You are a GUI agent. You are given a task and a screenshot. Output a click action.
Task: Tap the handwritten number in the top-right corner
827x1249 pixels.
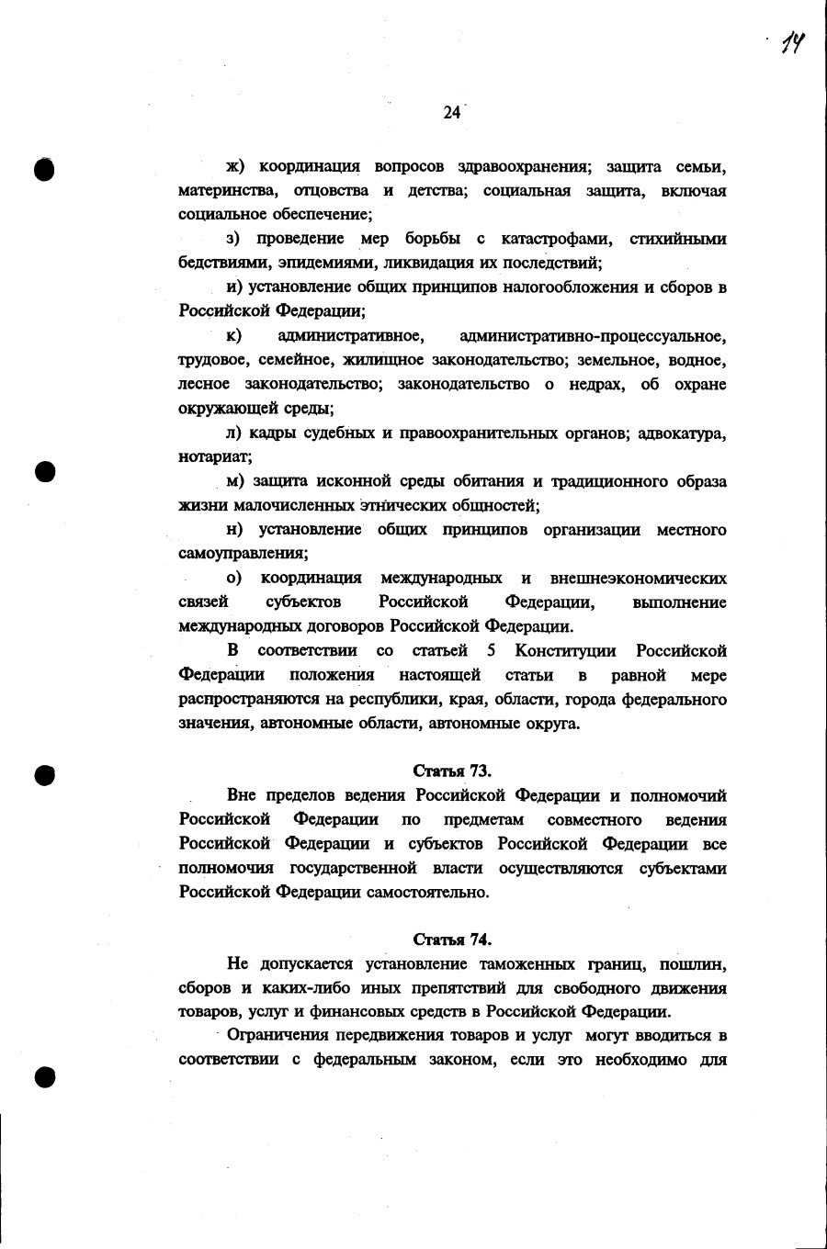coord(792,42)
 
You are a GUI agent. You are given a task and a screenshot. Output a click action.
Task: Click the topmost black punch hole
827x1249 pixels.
coord(43,171)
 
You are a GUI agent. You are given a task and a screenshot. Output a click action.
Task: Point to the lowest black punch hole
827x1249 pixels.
coord(43,1075)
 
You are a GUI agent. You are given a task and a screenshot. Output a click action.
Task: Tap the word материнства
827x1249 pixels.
coord(224,191)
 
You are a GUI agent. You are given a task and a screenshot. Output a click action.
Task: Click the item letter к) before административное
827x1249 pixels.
coord(234,335)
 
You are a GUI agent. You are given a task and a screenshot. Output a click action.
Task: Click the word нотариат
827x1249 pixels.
coord(212,456)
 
